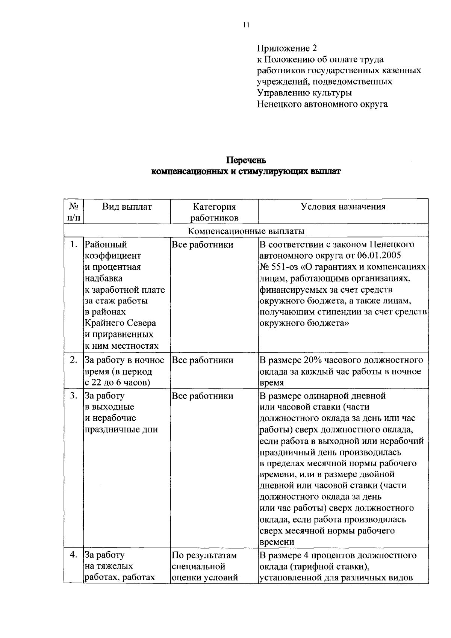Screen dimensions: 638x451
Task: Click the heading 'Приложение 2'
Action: pos(287,48)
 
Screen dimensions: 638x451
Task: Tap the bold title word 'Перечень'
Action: pos(246,160)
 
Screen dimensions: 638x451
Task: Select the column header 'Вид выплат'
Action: pos(127,207)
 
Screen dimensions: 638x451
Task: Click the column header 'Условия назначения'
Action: pos(343,207)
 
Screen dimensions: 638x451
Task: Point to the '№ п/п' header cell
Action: pos(74,212)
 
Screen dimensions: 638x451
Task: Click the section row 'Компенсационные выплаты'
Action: pos(246,231)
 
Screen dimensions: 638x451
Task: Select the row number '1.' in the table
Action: pos(74,245)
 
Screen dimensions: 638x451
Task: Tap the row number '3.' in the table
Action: pos(74,396)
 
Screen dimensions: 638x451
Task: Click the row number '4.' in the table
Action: pos(74,555)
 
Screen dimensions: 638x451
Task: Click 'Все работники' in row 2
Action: pos(203,360)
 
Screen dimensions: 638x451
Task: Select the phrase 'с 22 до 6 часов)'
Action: pos(117,383)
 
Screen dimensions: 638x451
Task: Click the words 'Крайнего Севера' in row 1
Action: pos(120,323)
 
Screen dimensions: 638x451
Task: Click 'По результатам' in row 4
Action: pos(204,555)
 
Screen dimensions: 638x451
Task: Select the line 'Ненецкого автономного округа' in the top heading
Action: pos(322,104)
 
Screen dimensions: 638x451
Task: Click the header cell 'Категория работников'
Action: pos(214,212)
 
